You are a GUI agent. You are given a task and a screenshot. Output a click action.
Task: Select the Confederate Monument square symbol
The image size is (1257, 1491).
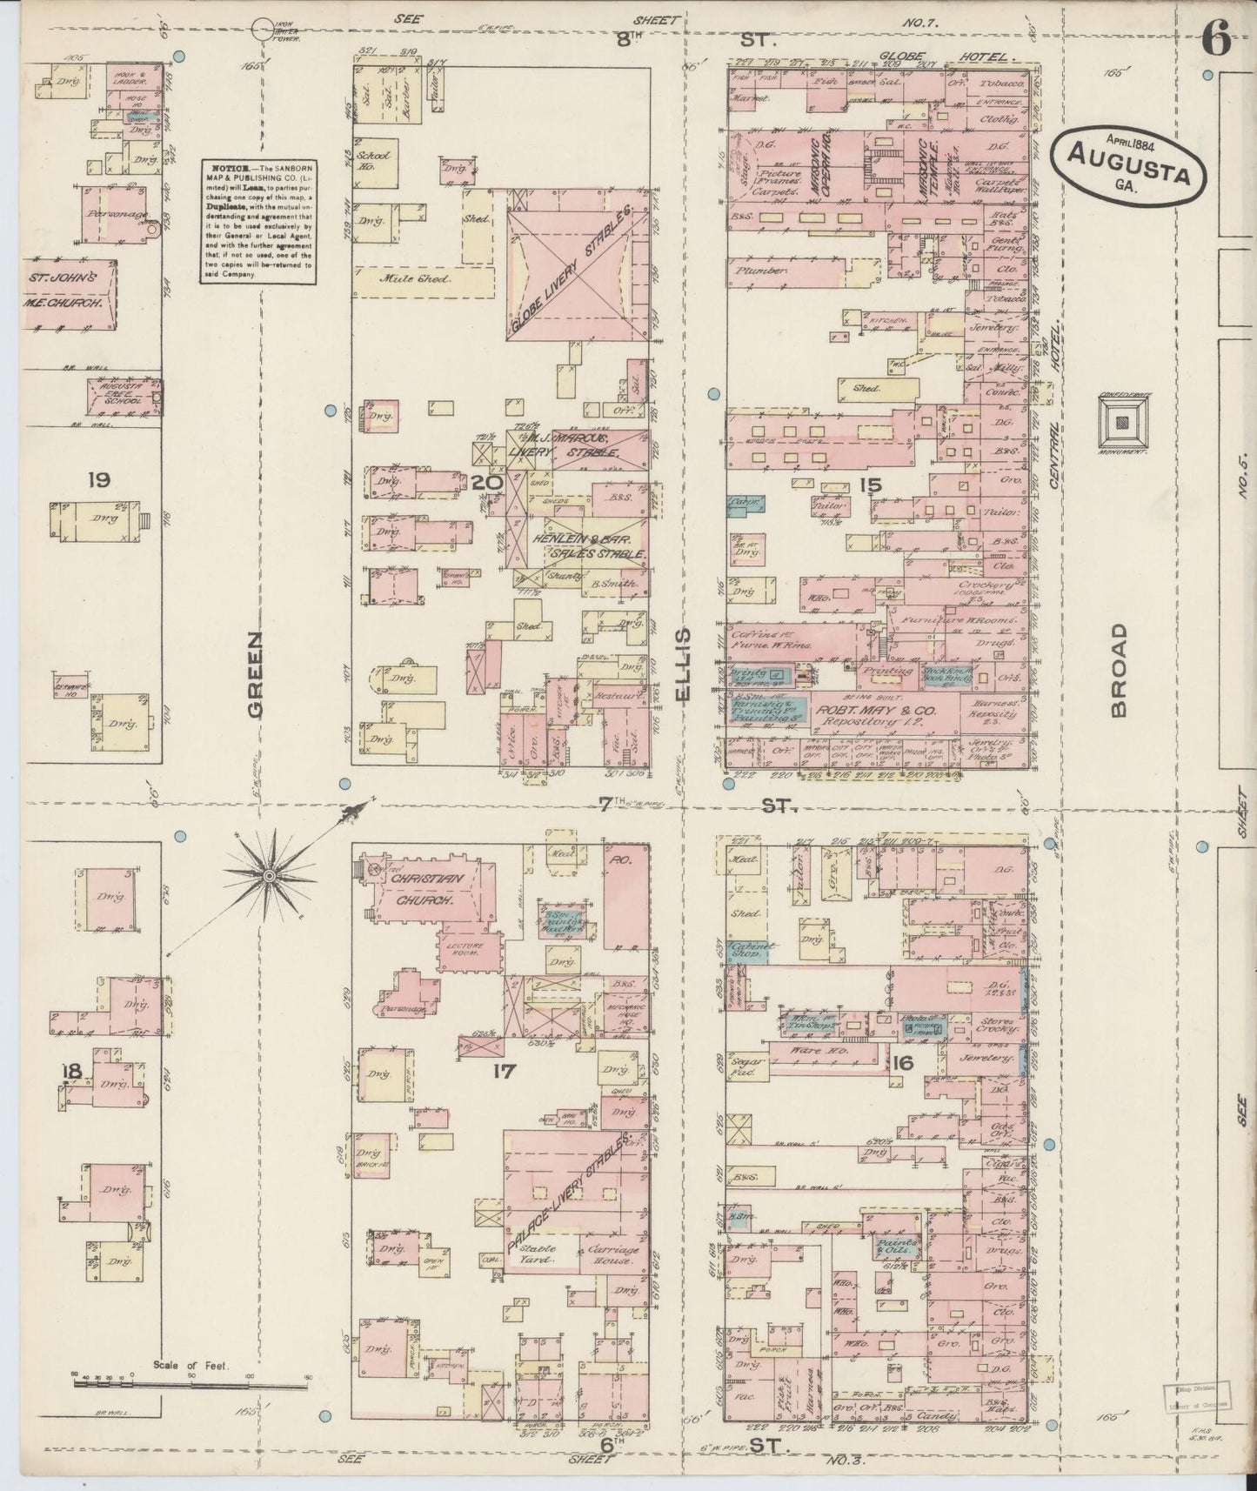coord(1126,422)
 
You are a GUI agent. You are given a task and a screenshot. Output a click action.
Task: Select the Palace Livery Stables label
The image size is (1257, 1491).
coord(570,1191)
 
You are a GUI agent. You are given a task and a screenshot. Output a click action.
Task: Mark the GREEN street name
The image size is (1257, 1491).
coord(255,673)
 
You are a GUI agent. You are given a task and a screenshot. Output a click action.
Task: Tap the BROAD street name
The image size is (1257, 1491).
coord(1119,670)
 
